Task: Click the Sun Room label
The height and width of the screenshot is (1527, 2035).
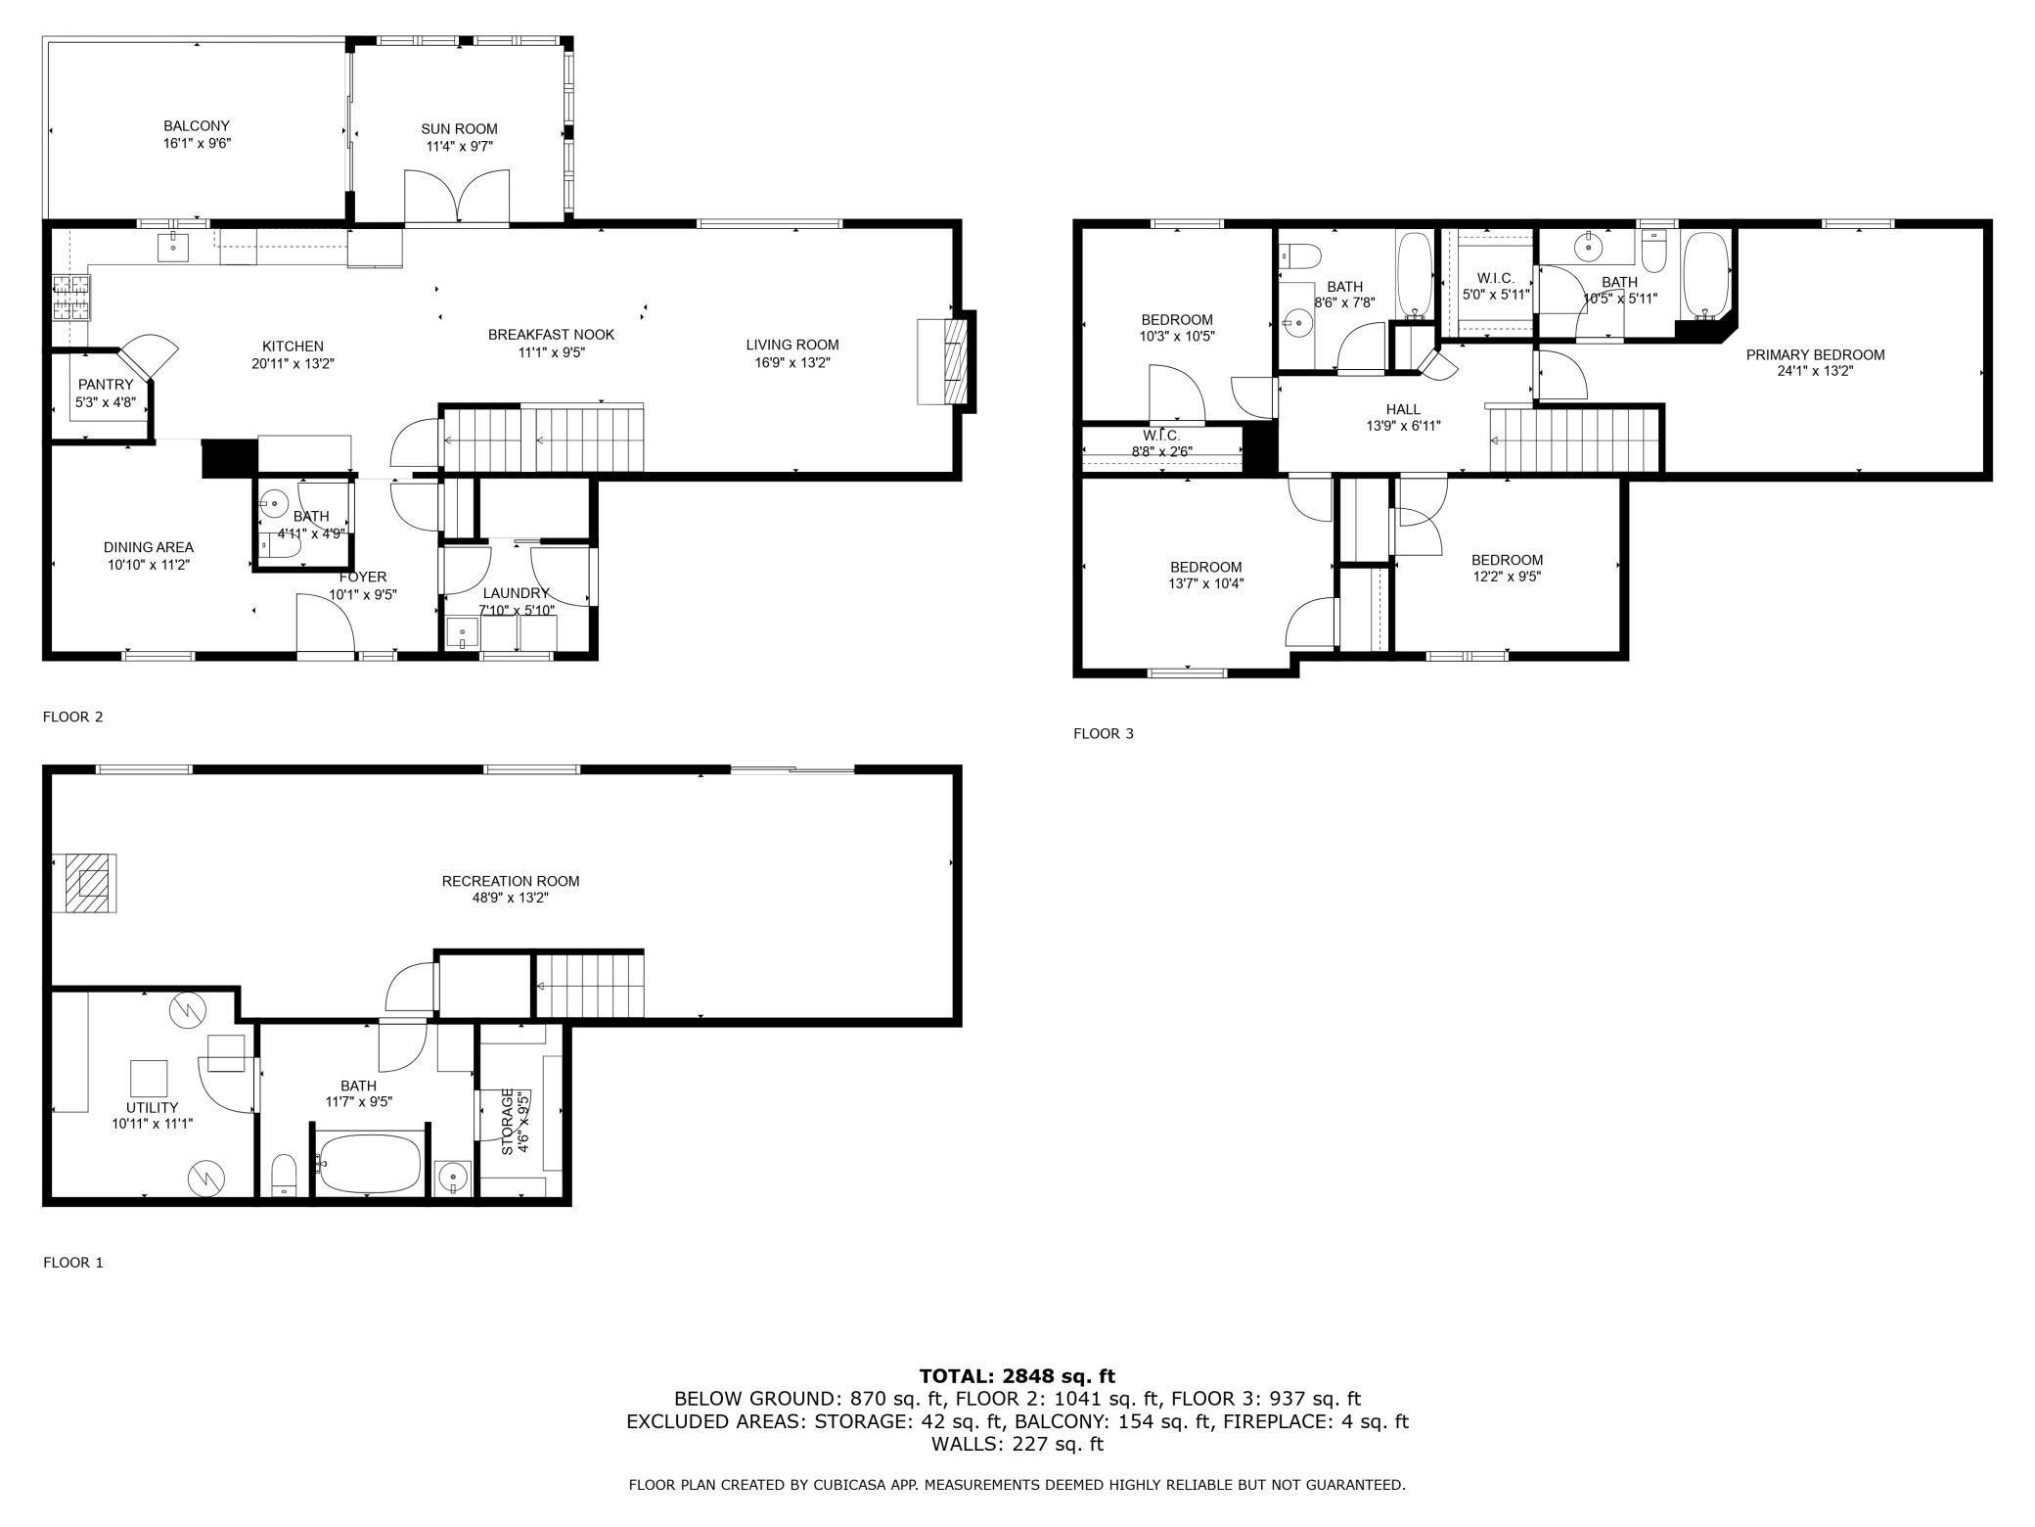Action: (459, 128)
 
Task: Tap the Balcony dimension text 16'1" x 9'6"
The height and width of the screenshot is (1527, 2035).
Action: (197, 143)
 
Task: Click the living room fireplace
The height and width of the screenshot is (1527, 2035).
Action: (945, 361)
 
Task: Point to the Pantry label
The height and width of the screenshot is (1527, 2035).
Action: (106, 385)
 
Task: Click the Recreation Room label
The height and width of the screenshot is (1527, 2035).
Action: (511, 881)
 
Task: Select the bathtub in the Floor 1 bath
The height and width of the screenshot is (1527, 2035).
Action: (369, 1163)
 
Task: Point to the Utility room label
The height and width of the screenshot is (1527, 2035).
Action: (153, 1107)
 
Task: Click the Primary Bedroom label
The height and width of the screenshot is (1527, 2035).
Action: (1815, 354)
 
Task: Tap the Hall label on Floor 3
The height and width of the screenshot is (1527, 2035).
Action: (1403, 409)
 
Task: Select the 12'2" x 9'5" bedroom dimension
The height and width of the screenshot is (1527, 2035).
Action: (1507, 577)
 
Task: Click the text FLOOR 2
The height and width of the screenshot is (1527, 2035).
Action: (72, 717)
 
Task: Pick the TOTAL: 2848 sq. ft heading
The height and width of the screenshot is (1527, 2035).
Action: (1017, 1376)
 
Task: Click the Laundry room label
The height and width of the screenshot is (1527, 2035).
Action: (516, 593)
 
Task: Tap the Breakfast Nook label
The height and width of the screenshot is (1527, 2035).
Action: (552, 335)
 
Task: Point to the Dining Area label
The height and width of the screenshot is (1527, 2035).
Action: (149, 547)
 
